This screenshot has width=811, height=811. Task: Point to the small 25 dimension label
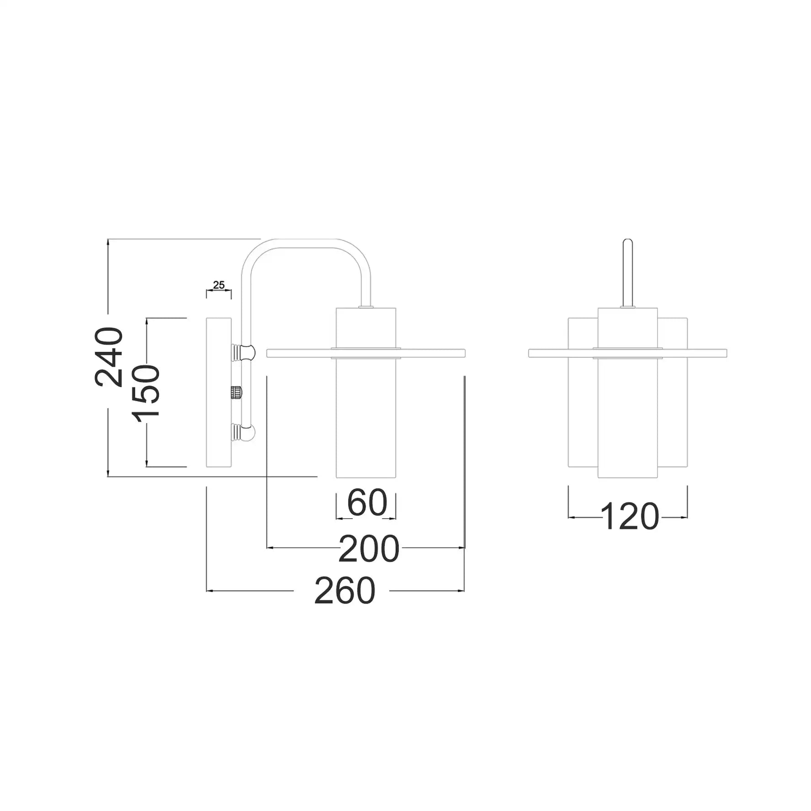point(219,285)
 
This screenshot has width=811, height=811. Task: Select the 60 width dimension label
point(367,503)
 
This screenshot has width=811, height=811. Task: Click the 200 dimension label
point(369,549)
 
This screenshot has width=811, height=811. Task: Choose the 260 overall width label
point(345,591)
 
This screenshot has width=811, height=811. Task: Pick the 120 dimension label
point(630,517)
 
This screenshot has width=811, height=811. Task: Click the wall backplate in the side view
point(219,392)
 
